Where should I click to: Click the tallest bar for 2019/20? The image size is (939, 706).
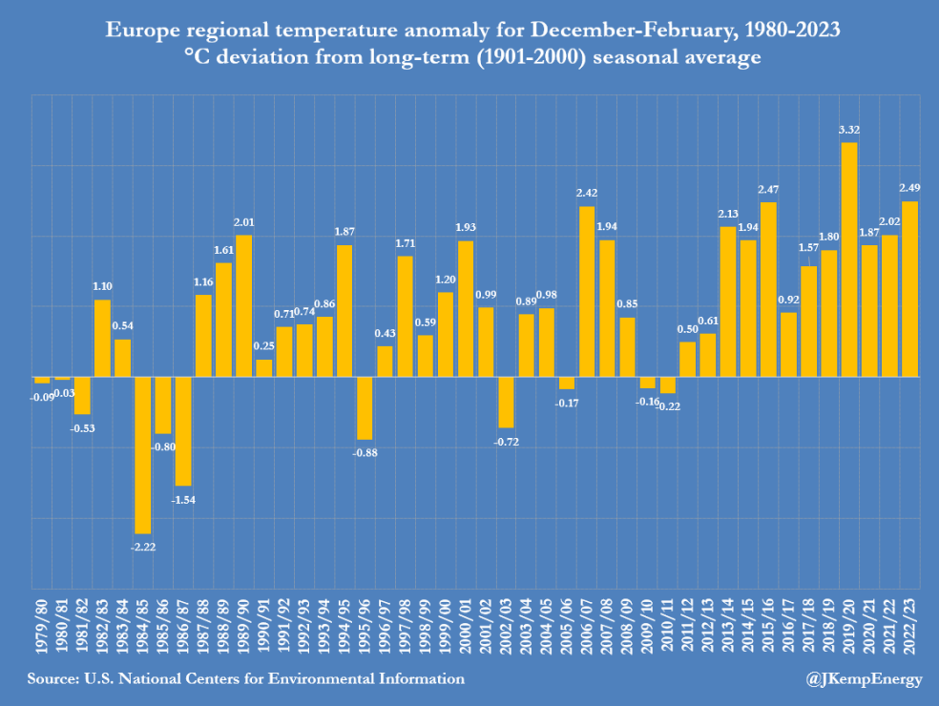[848, 259]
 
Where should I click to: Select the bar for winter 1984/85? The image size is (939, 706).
[142, 454]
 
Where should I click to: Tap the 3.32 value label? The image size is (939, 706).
[848, 131]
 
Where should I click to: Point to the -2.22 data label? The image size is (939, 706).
[142, 547]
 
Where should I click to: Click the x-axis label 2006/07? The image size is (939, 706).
[587, 624]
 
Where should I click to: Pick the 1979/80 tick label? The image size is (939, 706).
[42, 624]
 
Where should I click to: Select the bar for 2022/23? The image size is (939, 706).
[909, 288]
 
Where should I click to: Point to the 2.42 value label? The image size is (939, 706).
[586, 194]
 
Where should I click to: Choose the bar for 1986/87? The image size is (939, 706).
[183, 430]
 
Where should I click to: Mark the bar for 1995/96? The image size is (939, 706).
[365, 407]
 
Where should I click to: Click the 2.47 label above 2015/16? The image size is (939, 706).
[768, 190]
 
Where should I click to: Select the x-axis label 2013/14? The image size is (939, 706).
[728, 624]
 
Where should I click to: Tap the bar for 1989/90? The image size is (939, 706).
[243, 305]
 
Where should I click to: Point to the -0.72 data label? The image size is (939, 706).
[506, 442]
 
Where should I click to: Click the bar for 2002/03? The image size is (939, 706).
[506, 402]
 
